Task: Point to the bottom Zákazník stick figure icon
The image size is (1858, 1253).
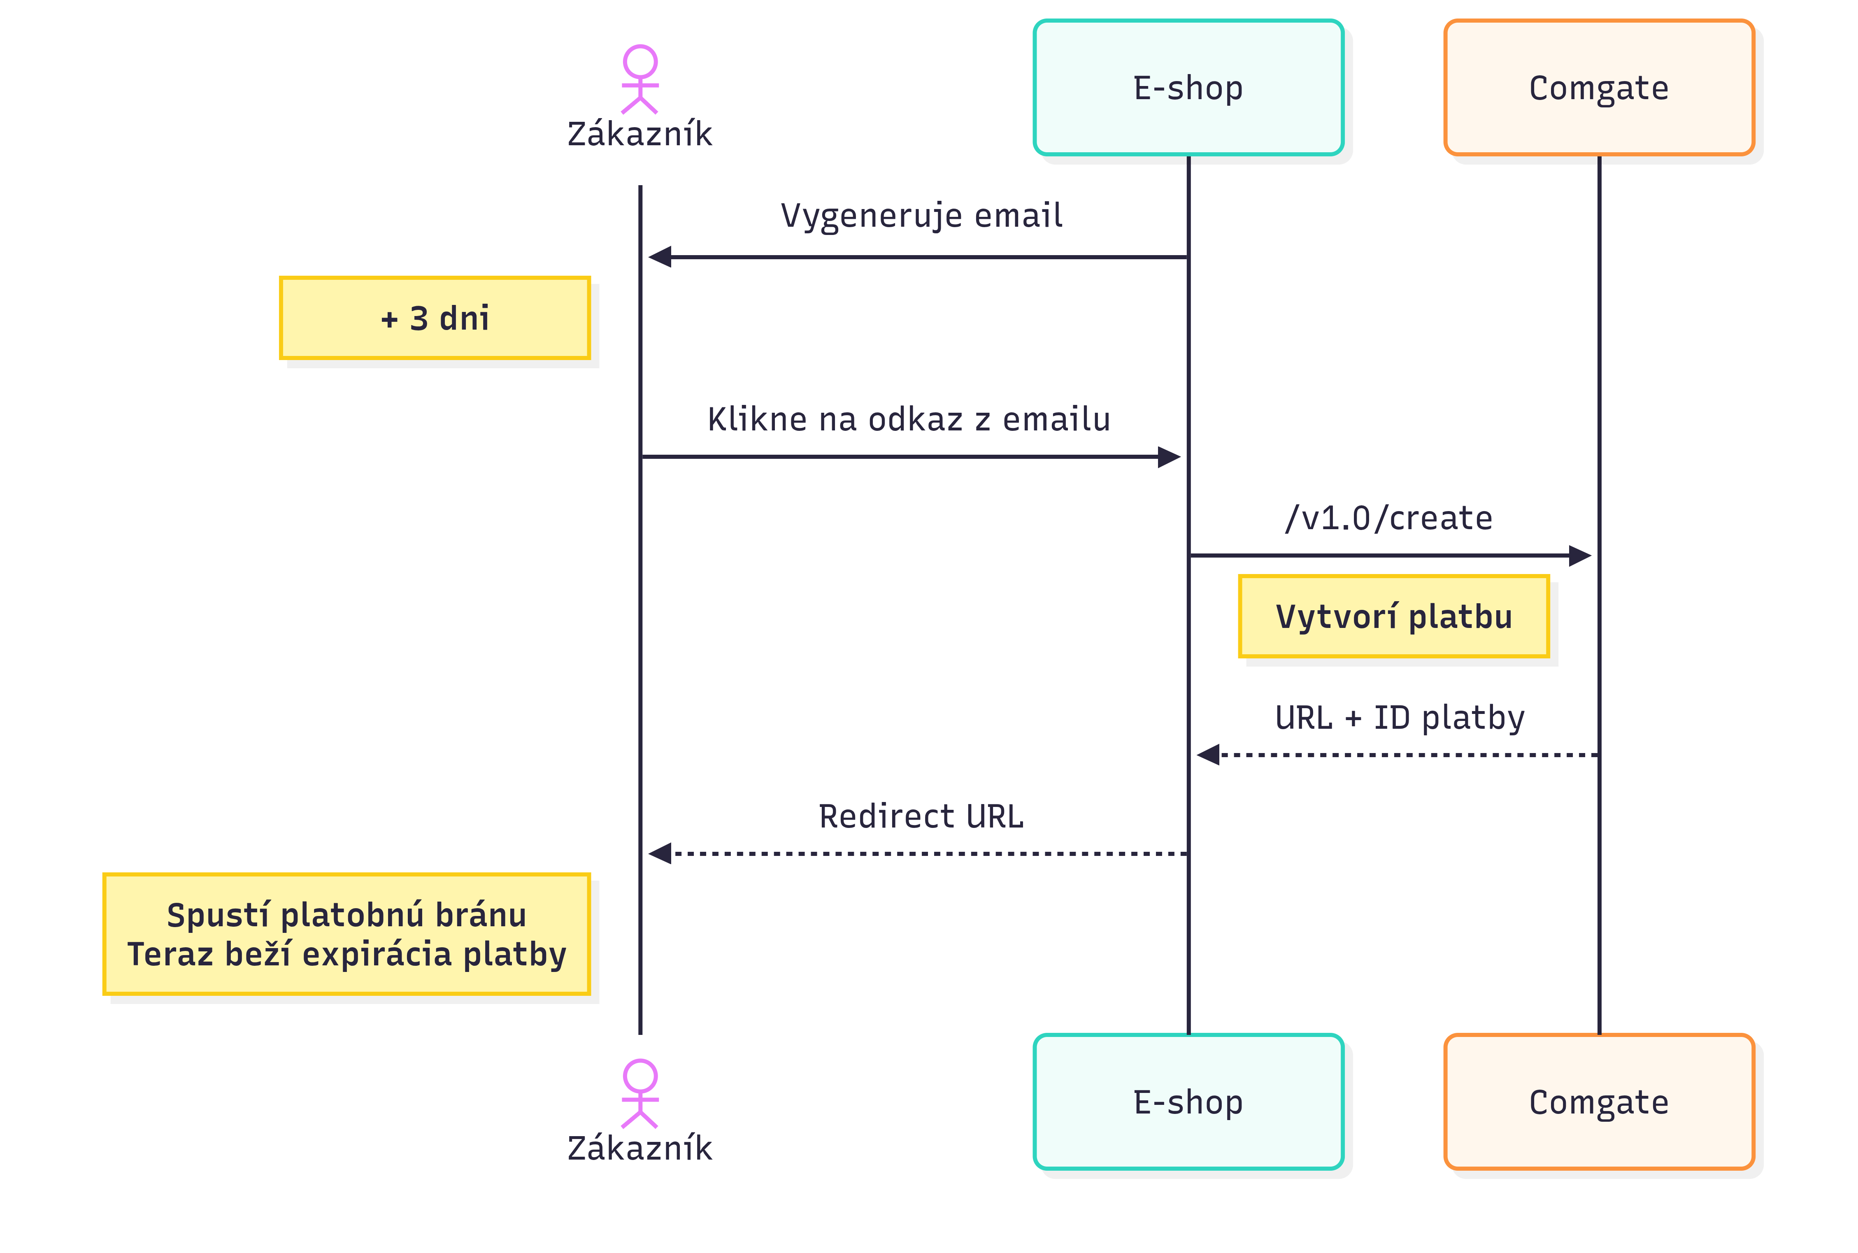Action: pos(640,1093)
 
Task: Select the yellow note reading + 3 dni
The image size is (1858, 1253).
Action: pos(435,318)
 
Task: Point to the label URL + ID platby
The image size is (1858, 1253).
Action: pos(1399,718)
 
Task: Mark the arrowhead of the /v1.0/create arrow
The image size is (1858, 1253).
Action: pos(1579,556)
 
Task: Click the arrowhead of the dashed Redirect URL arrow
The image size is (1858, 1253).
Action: pos(660,853)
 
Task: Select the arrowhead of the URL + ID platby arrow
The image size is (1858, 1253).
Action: pos(1208,754)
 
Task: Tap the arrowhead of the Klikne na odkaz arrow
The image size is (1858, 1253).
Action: pos(1168,457)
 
